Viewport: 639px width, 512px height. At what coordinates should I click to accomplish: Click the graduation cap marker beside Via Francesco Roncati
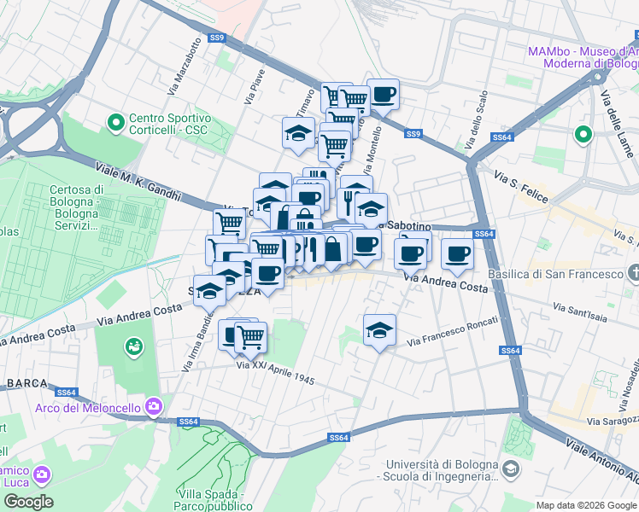click(379, 329)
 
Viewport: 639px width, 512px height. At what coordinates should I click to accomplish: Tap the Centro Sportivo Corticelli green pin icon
click(115, 124)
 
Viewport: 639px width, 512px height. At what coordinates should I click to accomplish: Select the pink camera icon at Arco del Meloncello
click(153, 405)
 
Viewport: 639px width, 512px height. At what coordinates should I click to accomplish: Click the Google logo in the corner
click(28, 502)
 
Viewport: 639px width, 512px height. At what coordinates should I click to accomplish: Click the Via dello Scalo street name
click(476, 122)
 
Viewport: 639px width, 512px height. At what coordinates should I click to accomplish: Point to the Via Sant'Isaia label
click(583, 308)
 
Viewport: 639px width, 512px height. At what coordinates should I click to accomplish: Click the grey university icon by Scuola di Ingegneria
click(510, 468)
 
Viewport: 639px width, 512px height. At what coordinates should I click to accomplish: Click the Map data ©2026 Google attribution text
click(585, 505)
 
